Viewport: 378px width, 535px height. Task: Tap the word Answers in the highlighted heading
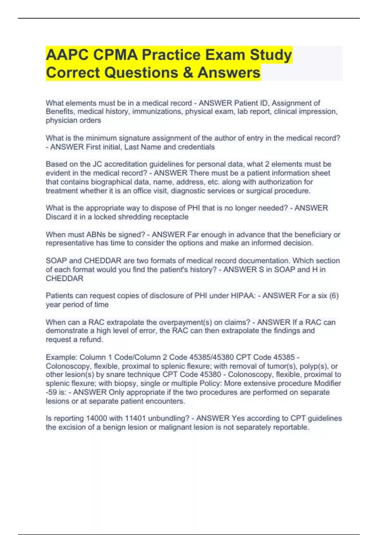(229, 73)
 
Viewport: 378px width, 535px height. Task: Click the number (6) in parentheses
(333, 296)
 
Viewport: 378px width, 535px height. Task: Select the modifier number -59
(51, 392)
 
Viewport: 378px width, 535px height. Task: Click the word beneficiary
(312, 234)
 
